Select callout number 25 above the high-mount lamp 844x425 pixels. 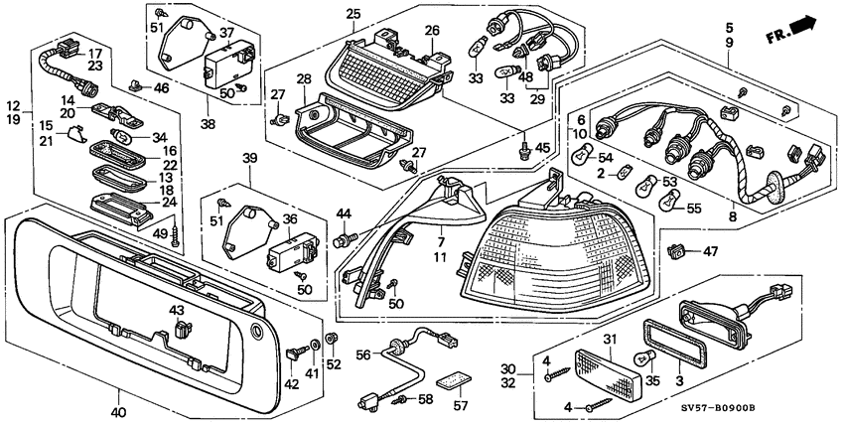353,14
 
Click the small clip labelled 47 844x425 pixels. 679,250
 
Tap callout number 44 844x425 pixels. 344,213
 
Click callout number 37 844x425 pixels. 227,33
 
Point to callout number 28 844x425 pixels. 303,77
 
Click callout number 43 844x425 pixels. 178,311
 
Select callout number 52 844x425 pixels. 334,363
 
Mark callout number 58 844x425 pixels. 425,399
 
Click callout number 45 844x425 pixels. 541,148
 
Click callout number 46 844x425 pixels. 162,88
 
